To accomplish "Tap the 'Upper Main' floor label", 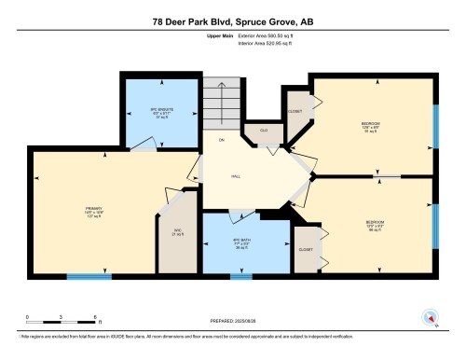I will coord(219,35).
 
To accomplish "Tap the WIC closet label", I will coord(176,230).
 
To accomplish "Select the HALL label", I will coord(239,175).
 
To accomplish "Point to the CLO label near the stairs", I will coord(264,130).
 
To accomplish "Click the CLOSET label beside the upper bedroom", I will coord(295,109).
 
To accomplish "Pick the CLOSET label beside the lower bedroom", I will coord(305,249).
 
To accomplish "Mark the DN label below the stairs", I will coord(221,140).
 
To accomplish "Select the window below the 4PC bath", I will coord(240,276).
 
